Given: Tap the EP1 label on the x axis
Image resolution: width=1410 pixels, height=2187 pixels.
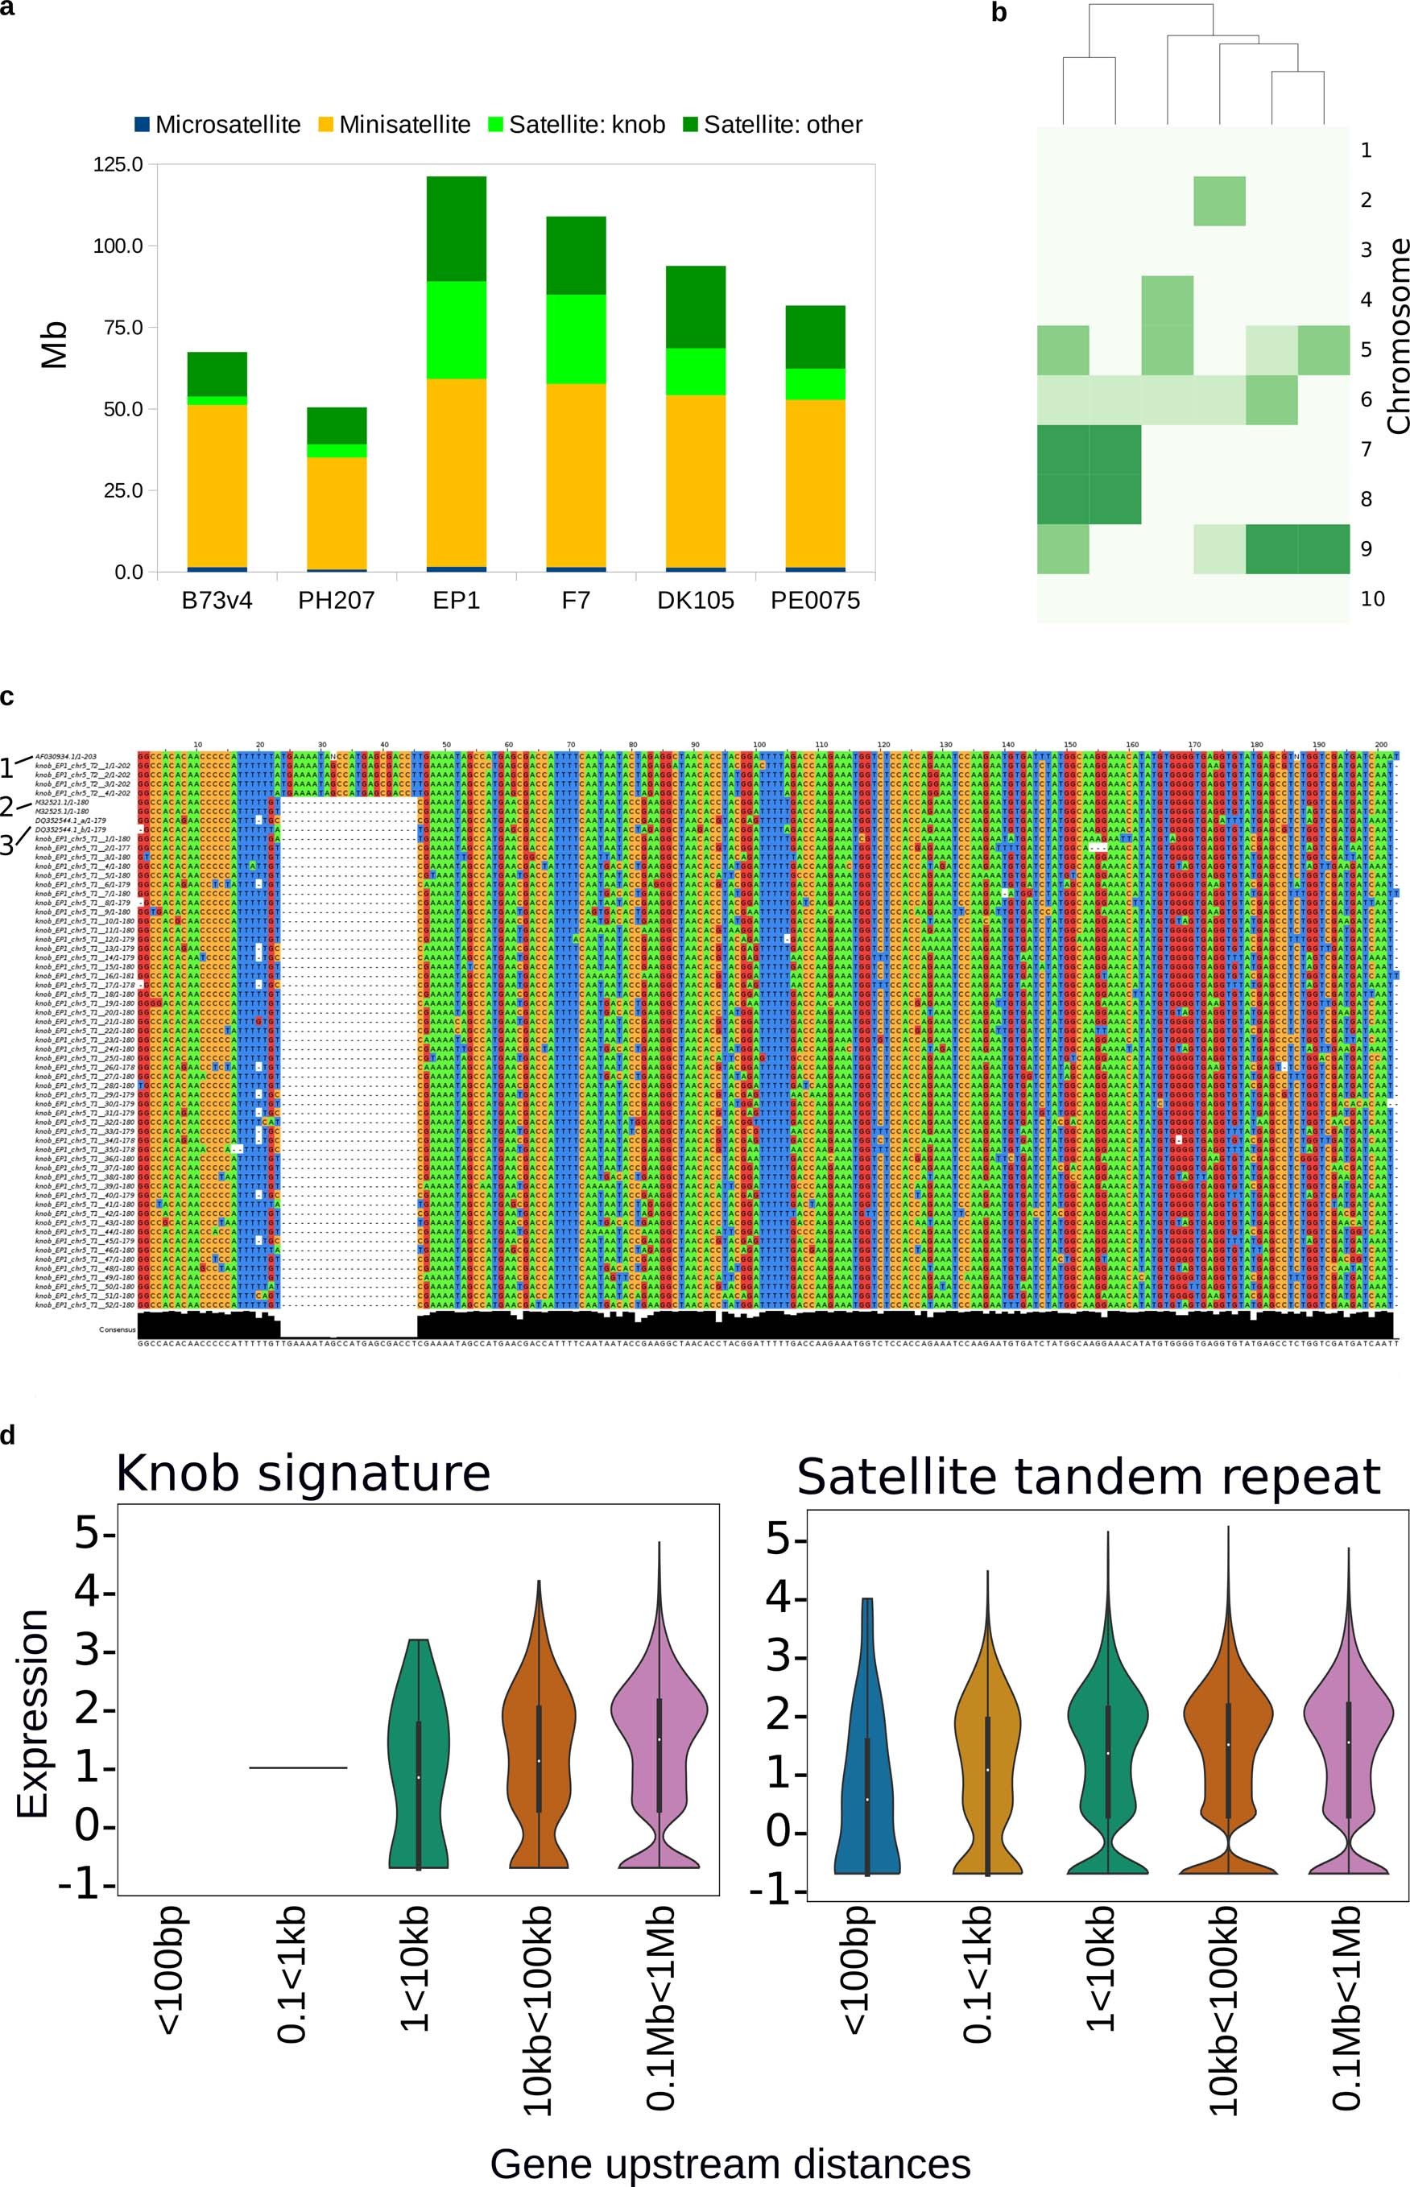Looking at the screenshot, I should point(456,601).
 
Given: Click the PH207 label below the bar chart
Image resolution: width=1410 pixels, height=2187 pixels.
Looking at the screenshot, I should point(336,601).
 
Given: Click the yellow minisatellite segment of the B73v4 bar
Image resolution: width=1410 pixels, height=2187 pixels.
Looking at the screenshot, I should point(217,486).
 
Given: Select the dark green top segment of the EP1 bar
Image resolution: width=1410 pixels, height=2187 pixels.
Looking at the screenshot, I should point(456,229).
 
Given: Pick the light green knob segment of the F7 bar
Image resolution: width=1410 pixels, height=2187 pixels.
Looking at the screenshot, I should point(576,339).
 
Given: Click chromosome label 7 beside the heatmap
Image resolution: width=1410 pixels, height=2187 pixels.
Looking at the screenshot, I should point(1366,449).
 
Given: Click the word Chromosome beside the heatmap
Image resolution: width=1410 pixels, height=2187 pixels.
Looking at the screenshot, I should point(1397,335).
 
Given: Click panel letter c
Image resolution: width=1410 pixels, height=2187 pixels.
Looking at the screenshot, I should point(6,697).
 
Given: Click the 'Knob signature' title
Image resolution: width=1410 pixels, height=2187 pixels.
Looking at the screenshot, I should point(303,1473).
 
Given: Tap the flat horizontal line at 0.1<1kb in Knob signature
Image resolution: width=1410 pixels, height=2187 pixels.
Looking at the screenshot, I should point(299,1767).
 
